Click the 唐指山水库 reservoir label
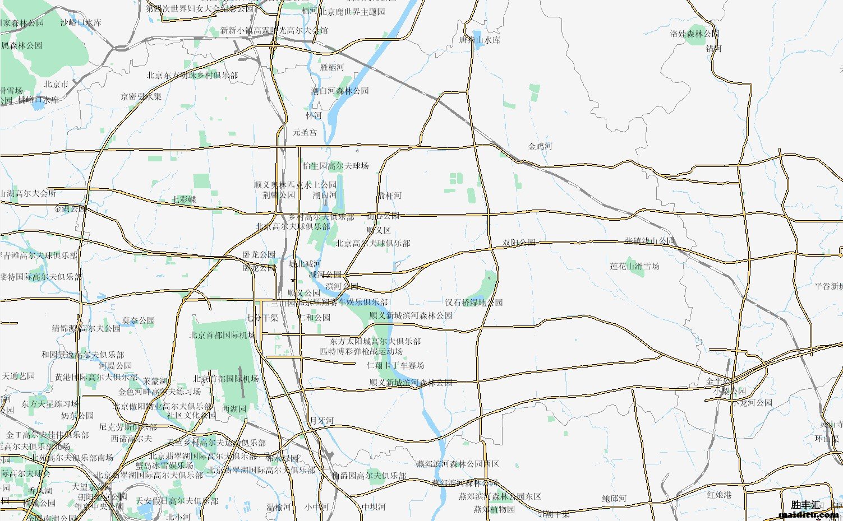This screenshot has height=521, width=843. click(x=480, y=40)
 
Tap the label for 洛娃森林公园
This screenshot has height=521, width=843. click(x=694, y=34)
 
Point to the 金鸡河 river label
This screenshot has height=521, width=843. click(x=540, y=146)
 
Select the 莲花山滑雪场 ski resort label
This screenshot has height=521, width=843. click(x=634, y=266)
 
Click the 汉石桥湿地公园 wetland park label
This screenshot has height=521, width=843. click(x=474, y=303)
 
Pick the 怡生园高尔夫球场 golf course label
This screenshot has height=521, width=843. click(x=335, y=166)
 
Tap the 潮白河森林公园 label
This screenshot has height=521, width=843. click(x=340, y=91)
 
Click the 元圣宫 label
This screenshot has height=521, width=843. click(x=305, y=132)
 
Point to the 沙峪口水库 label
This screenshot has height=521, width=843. click(x=81, y=23)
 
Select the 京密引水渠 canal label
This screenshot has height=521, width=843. click(x=141, y=96)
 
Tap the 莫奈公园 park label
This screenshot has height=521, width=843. click(x=139, y=321)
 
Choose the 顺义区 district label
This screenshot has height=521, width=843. click(x=379, y=230)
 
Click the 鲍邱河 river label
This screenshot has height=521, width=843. click(x=614, y=499)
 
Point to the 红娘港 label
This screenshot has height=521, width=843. click(x=719, y=495)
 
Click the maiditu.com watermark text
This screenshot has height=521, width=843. click(x=809, y=514)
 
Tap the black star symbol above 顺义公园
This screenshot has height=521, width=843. click(x=293, y=280)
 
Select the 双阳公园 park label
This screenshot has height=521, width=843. click(x=519, y=243)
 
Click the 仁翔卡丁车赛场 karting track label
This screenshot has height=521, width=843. click(x=395, y=365)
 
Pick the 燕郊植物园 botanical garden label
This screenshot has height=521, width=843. click(x=494, y=509)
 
